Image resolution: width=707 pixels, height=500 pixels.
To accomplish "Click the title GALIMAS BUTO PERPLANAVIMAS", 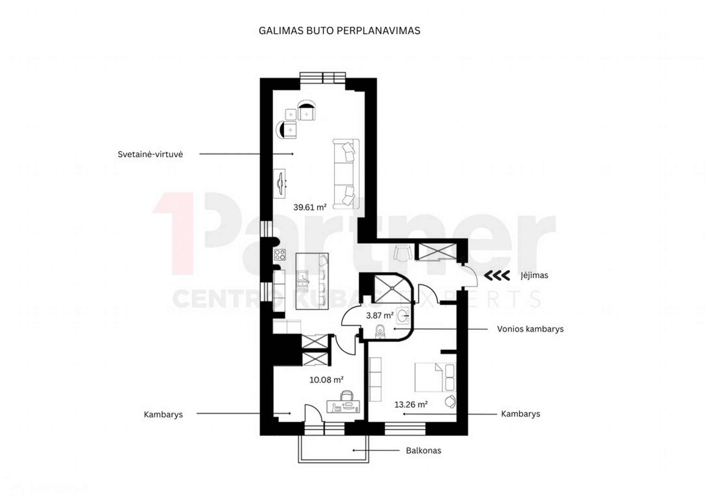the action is click(339, 31).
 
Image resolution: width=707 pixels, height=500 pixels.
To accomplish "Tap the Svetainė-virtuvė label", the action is click(150, 154).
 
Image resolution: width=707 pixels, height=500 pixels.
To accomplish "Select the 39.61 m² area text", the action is click(310, 207).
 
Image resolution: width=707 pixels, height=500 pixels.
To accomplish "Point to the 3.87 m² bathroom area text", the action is click(380, 315).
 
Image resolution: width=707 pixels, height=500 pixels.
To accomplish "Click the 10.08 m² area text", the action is click(326, 380).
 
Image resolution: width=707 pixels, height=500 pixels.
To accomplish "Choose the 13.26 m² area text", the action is click(411, 404).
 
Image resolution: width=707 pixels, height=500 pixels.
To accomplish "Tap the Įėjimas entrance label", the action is click(534, 276).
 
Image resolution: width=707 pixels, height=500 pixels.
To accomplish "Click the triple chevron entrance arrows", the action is click(497, 276).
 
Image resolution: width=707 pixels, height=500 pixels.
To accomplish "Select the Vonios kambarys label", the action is click(530, 329).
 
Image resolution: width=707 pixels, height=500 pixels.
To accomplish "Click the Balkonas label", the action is click(423, 451).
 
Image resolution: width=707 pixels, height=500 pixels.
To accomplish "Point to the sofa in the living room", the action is click(346, 174).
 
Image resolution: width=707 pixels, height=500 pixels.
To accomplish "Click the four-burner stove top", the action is click(280, 255).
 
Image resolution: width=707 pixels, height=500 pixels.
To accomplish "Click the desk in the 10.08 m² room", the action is click(343, 406).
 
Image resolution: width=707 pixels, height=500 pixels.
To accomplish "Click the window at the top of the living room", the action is click(323, 78).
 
